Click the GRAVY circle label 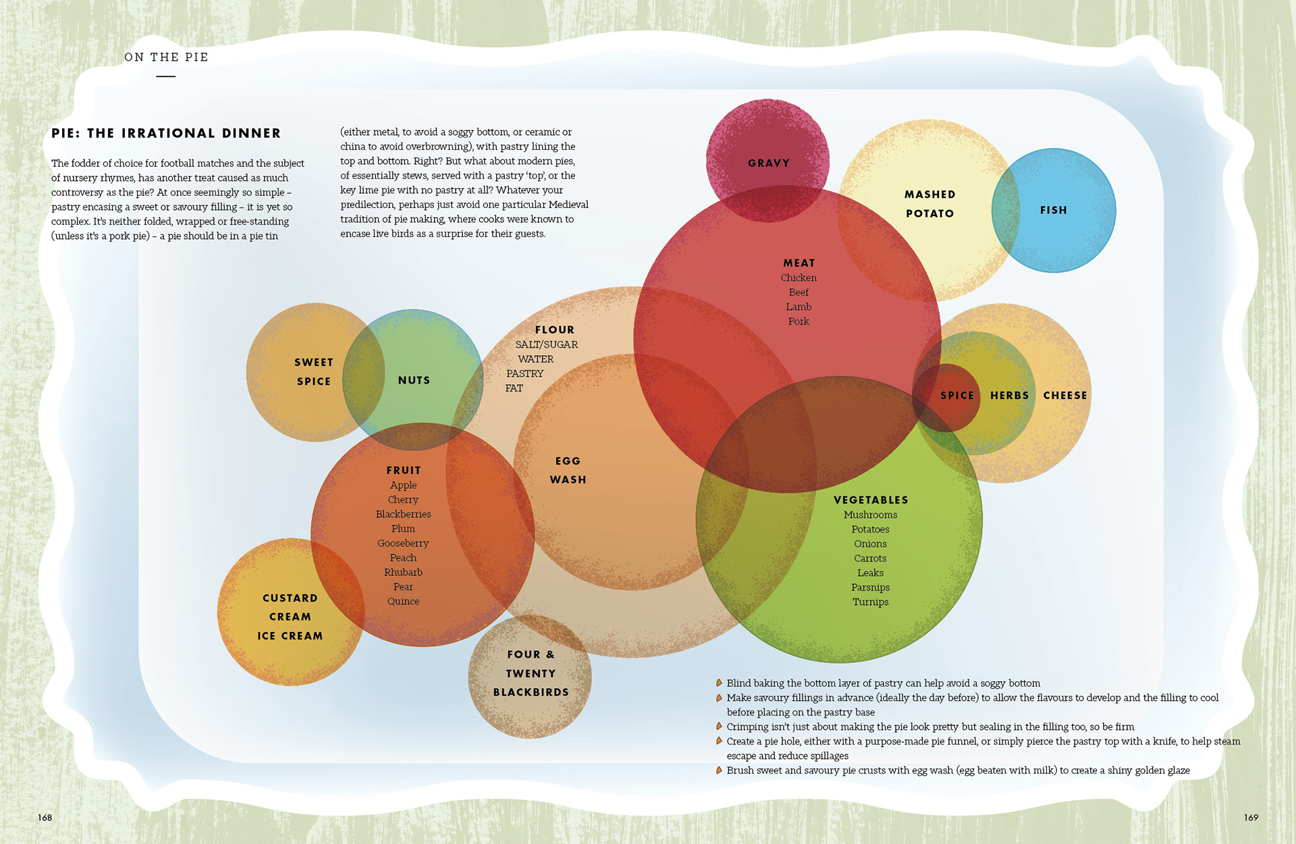(768, 163)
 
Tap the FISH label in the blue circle (1053, 211)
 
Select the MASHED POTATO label (929, 204)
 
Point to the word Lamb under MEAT (799, 307)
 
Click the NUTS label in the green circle (414, 381)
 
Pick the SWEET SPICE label (314, 372)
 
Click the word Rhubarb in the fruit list (403, 573)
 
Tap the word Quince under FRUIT (403, 602)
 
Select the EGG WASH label (568, 471)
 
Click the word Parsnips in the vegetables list (870, 587)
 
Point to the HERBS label (1009, 396)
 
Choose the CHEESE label (1065, 396)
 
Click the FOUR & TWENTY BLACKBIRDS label (531, 674)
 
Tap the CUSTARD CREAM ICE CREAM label (290, 617)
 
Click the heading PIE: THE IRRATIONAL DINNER (166, 134)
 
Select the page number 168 (45, 818)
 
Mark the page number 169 (1251, 818)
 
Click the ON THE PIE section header (166, 57)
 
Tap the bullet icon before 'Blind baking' (719, 683)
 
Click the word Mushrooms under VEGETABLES (870, 515)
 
